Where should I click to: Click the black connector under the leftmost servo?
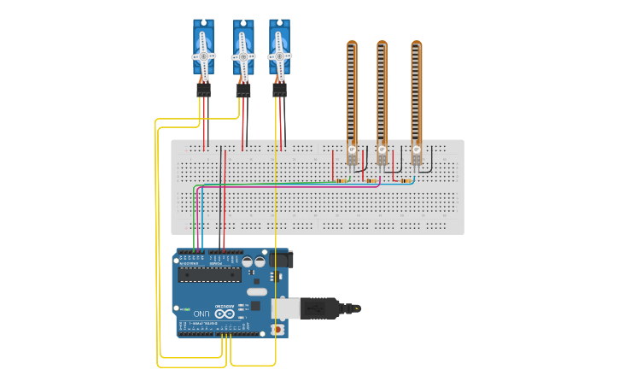[203, 90]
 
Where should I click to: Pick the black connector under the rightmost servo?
[279, 90]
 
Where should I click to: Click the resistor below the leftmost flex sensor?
[342, 180]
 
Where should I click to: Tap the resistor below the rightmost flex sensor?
[406, 180]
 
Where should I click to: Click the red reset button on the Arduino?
[276, 329]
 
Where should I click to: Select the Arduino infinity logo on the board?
[224, 314]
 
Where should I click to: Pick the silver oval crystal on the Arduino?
[257, 291]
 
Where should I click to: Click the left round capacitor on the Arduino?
[247, 262]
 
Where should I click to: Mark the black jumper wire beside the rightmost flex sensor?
[428, 158]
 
